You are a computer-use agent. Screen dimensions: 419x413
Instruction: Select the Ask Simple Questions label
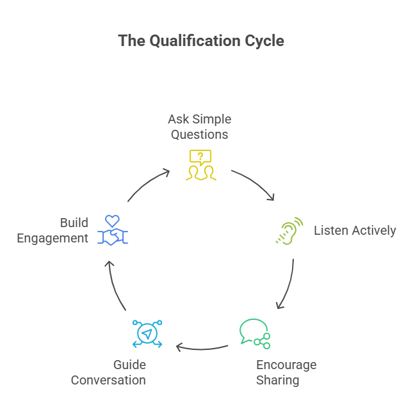point(200,127)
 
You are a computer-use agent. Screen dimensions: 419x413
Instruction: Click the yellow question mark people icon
point(200,164)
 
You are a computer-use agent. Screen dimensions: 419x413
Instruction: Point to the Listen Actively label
point(355,230)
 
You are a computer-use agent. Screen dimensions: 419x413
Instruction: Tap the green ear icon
point(289,232)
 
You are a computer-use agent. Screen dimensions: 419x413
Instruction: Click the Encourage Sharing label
point(286,372)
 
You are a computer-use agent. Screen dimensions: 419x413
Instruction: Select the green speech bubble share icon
point(254,333)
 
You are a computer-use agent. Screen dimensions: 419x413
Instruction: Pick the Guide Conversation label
point(108,372)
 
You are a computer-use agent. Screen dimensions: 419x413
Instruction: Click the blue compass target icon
point(147,334)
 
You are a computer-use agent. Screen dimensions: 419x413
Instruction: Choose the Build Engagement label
point(61,230)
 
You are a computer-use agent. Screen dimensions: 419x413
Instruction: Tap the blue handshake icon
point(113,237)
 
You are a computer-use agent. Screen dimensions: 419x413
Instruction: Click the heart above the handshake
point(113,221)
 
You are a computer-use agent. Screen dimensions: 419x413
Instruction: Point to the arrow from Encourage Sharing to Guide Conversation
point(202,348)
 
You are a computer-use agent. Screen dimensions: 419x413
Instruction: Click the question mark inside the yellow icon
point(200,156)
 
